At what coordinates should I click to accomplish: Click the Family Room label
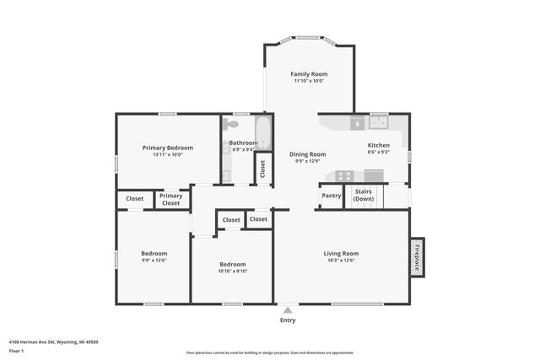pyautogui.click(x=309, y=74)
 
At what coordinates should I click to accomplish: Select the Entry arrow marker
pyautogui.click(x=288, y=309)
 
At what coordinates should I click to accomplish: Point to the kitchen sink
pyautogui.click(x=375, y=124)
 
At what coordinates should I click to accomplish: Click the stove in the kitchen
pyautogui.click(x=345, y=175)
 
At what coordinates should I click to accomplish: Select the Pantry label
pyautogui.click(x=331, y=196)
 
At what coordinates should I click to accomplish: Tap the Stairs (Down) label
pyautogui.click(x=364, y=196)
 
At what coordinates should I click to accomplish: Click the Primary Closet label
pyautogui.click(x=171, y=199)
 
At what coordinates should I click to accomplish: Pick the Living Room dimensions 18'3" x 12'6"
pyautogui.click(x=341, y=261)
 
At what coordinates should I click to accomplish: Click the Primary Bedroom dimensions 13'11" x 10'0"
pyautogui.click(x=168, y=154)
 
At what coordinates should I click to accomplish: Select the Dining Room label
pyautogui.click(x=308, y=154)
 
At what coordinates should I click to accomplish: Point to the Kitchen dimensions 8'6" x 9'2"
pyautogui.click(x=379, y=152)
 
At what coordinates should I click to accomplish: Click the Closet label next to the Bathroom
pyautogui.click(x=262, y=167)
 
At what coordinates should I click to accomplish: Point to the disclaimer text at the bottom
pyautogui.click(x=281, y=352)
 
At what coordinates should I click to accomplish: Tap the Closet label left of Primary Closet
pyautogui.click(x=135, y=199)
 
